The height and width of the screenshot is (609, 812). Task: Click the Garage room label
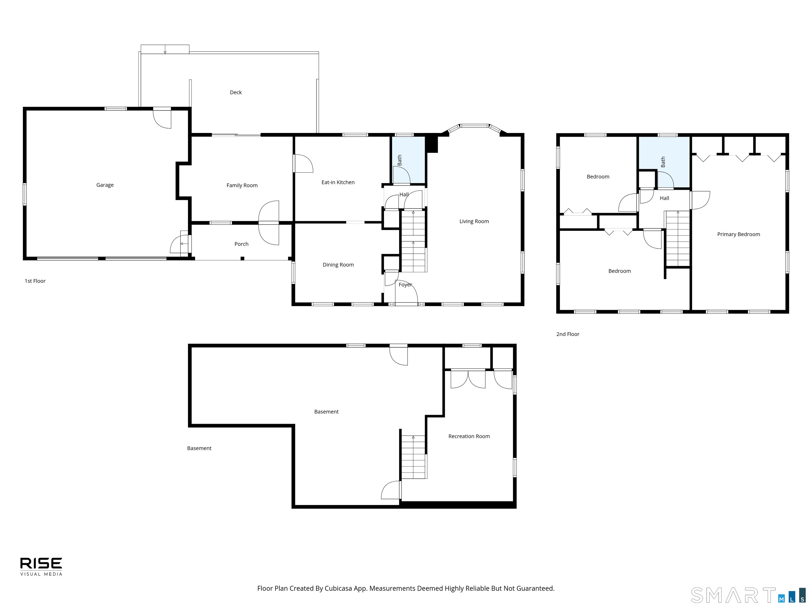(105, 185)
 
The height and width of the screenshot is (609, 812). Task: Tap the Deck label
(236, 93)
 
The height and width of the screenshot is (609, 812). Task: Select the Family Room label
(242, 185)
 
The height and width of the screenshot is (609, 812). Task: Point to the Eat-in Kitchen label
(338, 182)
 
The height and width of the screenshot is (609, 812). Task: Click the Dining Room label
(338, 265)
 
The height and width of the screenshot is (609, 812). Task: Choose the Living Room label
(474, 221)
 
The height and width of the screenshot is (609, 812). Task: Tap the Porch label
(242, 244)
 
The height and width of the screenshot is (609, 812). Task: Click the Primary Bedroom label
(739, 234)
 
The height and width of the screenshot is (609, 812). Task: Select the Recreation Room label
(469, 436)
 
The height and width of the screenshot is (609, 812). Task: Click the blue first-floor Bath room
(408, 160)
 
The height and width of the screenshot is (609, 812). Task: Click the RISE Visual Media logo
(41, 567)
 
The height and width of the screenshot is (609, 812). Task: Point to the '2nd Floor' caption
(568, 334)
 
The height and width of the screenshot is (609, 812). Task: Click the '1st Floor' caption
(35, 281)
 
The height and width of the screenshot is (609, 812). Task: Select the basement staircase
(414, 457)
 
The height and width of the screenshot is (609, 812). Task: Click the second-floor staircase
(678, 239)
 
